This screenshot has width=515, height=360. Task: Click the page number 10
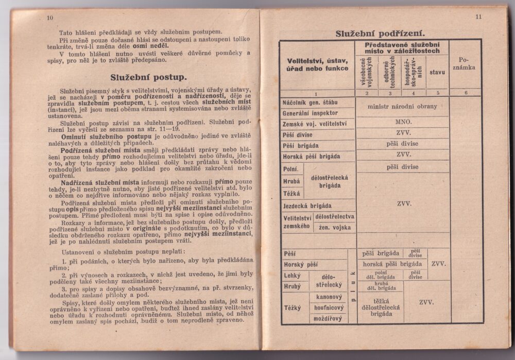coord(50,18)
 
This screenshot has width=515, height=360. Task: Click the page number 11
coord(478,16)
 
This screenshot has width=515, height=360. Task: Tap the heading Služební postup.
coord(148,78)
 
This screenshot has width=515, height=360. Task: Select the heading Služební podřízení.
coord(380,33)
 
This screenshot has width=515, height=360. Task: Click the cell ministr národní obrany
coord(402,107)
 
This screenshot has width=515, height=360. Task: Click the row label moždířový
coord(329,318)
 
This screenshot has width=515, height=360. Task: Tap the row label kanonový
coord(329,297)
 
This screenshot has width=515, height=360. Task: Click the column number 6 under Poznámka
coord(466,93)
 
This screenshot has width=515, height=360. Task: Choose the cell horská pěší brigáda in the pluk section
coord(388,264)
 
